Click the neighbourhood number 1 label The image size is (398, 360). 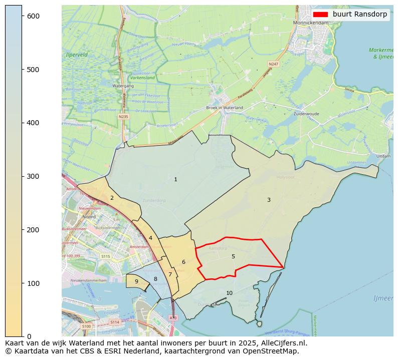[175, 179]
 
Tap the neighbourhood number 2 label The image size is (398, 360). [112, 198]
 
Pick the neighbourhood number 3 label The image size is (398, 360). [269, 200]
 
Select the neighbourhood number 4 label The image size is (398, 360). [150, 238]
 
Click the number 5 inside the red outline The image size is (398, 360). [233, 256]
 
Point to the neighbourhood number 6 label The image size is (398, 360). [183, 262]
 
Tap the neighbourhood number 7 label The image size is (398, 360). [170, 274]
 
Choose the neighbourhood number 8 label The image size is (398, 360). [155, 279]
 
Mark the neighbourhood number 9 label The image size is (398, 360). [136, 281]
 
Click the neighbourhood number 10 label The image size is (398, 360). [229, 293]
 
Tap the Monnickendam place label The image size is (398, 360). [311, 23]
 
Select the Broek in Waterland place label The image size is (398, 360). [225, 108]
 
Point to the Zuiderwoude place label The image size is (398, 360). [306, 114]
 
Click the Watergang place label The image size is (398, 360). [123, 86]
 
